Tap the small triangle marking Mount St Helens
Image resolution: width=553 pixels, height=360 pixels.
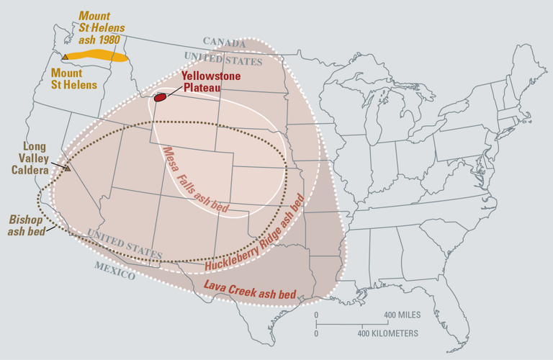pos(65,56)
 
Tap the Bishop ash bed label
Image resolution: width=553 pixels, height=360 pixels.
pos(27,224)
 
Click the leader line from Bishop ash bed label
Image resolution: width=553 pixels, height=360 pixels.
pos(50,229)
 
